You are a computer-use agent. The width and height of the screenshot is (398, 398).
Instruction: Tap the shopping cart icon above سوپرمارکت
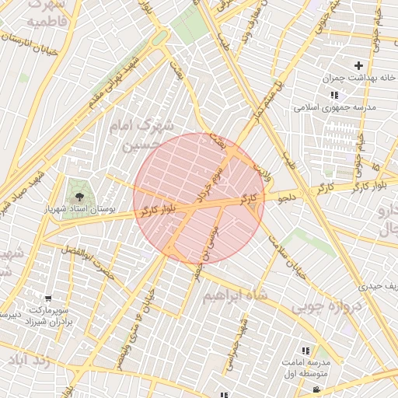(x=49, y=298)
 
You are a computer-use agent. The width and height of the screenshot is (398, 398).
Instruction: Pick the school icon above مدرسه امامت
(x=305, y=351)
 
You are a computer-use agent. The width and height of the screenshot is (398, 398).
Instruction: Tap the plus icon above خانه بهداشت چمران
(x=358, y=65)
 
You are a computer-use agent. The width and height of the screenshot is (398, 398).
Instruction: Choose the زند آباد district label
(x=29, y=361)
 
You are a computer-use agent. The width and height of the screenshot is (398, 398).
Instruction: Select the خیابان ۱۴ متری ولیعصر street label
(x=133, y=326)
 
